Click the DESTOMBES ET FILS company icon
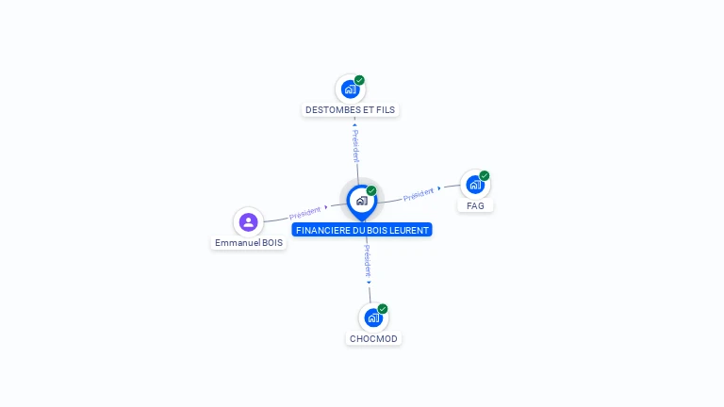(x=351, y=90)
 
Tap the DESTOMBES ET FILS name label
(x=351, y=110)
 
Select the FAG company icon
(x=475, y=185)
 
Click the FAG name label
(x=475, y=205)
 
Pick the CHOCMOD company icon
(x=373, y=317)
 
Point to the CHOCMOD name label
(x=373, y=338)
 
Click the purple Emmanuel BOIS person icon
(x=248, y=221)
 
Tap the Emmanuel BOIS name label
(x=249, y=243)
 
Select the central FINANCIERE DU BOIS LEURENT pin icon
(x=361, y=201)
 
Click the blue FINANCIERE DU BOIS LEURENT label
(x=362, y=230)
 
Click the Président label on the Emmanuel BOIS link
(x=304, y=212)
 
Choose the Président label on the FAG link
(x=418, y=194)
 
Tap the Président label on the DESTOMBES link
(x=355, y=146)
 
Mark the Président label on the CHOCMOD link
(x=368, y=261)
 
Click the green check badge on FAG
(x=485, y=175)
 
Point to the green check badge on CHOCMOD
(x=383, y=308)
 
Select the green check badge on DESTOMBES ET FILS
(x=359, y=80)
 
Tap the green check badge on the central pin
(x=371, y=190)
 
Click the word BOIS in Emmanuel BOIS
(x=271, y=243)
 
